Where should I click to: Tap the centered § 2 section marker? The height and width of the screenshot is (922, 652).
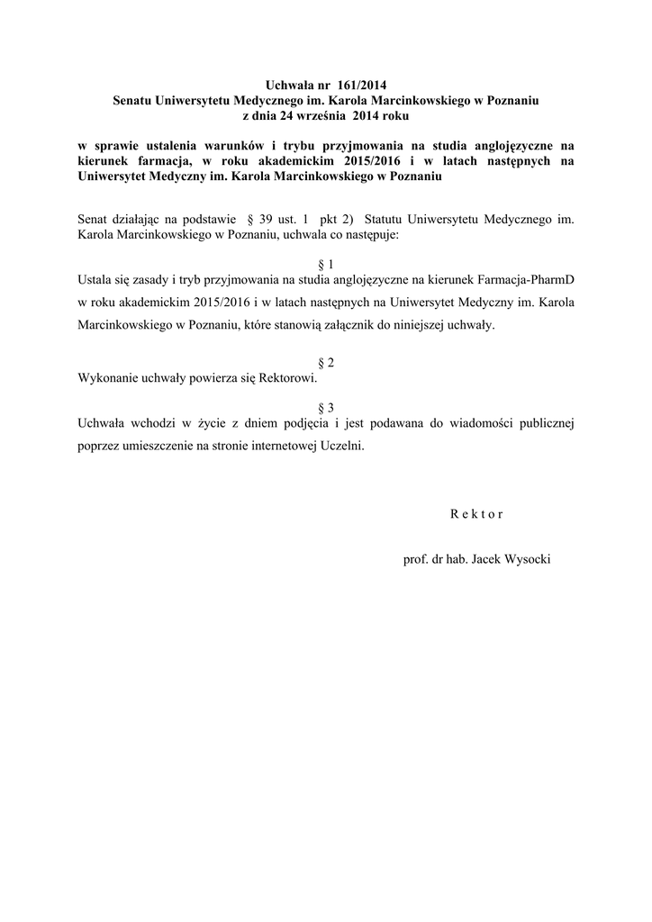326,362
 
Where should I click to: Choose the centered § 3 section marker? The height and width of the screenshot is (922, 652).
326,406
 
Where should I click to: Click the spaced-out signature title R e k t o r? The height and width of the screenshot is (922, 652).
475,515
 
